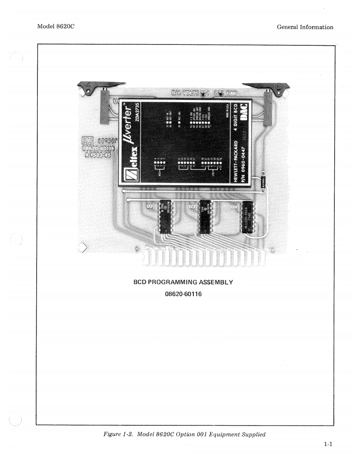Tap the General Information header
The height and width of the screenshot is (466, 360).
tap(305, 27)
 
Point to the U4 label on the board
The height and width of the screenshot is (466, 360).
tap(234, 206)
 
